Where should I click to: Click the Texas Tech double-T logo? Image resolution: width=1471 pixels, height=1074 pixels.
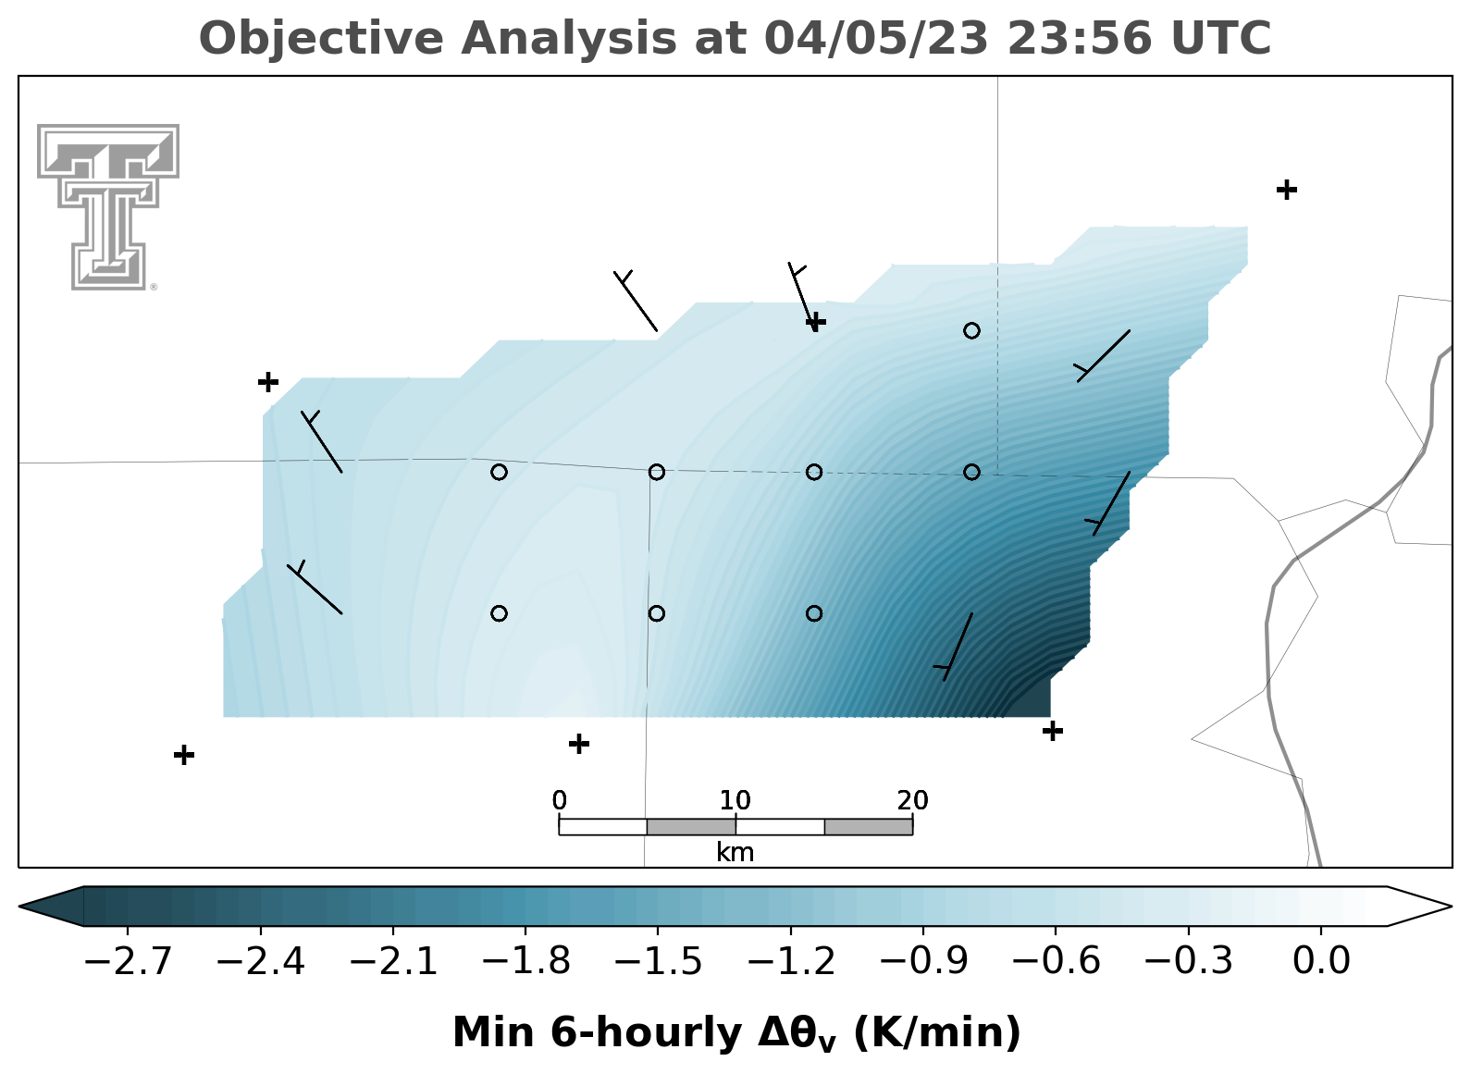pos(108,207)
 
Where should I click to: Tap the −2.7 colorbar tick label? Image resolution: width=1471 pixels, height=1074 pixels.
pos(128,962)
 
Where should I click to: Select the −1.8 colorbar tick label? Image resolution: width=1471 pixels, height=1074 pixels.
pos(525,962)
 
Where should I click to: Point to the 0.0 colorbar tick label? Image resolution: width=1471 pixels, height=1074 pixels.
pos(1320,962)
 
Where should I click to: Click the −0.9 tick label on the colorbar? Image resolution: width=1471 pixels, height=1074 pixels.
pos(923,962)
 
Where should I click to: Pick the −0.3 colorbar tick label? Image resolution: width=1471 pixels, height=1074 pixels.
pos(1188,962)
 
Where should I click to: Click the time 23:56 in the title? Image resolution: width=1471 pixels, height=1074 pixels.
pos(1079,38)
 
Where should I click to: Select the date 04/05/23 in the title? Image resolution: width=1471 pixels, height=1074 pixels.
pos(876,38)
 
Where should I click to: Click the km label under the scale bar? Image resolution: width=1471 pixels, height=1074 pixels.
pos(735,853)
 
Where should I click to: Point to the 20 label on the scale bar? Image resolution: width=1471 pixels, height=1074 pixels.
pos(913,801)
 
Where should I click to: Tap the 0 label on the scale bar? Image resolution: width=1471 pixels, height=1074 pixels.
pos(560,801)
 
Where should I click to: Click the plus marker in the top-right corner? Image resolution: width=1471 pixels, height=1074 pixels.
pos(1287,190)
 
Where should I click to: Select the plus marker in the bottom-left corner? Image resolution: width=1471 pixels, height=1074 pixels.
pos(184,755)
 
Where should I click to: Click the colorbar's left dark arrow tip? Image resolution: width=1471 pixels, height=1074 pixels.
pos(19,907)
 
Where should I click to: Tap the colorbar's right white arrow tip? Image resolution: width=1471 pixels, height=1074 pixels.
pos(1451,907)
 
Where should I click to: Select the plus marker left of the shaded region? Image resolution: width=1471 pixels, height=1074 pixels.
pos(268,381)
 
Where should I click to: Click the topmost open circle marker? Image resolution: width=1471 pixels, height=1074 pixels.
pos(972,330)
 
